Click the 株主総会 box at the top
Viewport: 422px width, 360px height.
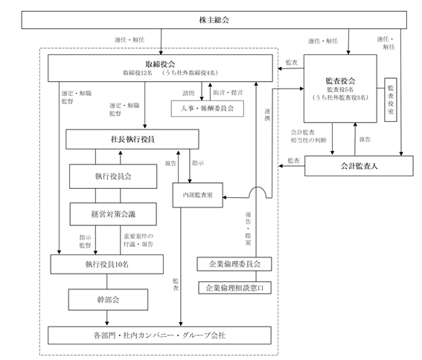(x=214, y=20)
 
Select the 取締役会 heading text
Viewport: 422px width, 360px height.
(x=160, y=64)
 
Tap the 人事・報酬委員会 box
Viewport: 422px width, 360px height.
(x=207, y=109)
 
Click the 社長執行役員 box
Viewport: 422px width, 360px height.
(x=132, y=139)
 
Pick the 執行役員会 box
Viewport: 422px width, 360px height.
(x=113, y=176)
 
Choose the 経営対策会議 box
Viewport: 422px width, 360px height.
(x=113, y=214)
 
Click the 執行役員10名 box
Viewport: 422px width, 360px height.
(x=107, y=265)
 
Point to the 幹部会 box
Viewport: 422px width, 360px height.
(x=108, y=300)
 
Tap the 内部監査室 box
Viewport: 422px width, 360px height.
(x=197, y=195)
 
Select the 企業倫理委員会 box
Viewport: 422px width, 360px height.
(x=234, y=264)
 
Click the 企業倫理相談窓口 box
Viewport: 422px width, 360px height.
(x=234, y=288)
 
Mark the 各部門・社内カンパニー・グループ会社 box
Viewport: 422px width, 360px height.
(x=159, y=335)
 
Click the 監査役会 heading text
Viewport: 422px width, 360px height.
(x=340, y=81)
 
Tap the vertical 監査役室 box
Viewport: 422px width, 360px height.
(x=391, y=100)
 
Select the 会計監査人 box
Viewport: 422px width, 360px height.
(x=359, y=166)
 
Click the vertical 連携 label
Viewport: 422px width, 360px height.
(x=267, y=115)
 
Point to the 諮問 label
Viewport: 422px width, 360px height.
(x=188, y=93)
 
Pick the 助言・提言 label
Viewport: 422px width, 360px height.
(x=228, y=92)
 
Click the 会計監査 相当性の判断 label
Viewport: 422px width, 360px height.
(x=308, y=136)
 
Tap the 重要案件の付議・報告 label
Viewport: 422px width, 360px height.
(x=138, y=240)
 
